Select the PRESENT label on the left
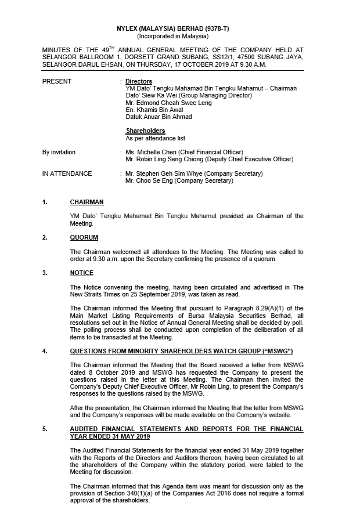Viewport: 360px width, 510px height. pos(57,82)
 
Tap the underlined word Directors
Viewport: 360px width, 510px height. pos(139,82)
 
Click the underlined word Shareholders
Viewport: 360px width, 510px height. pos(145,131)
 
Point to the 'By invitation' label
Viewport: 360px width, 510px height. pos(59,152)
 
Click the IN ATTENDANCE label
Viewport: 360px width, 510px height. pos(67,173)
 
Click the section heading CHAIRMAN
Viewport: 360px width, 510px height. pos(87,202)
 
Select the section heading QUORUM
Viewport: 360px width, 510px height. pos(84,237)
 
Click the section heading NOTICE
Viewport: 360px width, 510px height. pos(81,273)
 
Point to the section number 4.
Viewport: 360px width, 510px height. pos(45,352)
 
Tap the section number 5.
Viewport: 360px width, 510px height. pos(45,429)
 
